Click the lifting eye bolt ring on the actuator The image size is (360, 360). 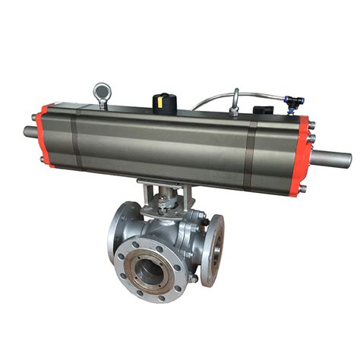[101, 92]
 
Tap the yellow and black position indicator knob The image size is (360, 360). [161, 100]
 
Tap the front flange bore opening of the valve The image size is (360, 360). [149, 267]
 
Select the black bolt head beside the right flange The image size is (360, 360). [202, 221]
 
